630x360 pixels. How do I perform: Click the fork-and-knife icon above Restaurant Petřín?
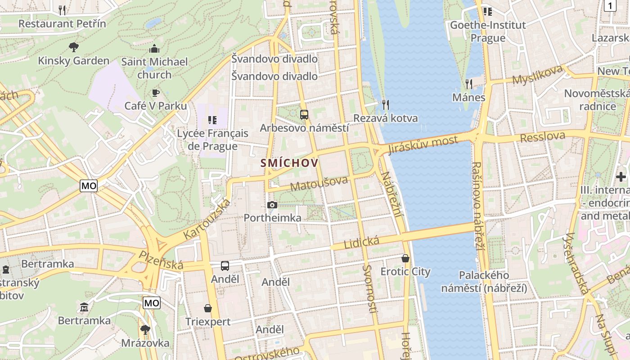(x=63, y=10)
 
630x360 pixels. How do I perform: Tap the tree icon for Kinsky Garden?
(x=73, y=47)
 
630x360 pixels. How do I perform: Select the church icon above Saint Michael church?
(x=154, y=49)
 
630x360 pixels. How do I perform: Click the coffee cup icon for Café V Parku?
(x=155, y=93)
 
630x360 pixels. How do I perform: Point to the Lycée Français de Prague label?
(x=212, y=139)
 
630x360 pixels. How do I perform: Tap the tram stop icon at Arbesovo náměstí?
(x=304, y=114)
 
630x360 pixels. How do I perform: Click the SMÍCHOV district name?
(x=289, y=163)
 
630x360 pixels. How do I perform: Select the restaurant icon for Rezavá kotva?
(x=385, y=104)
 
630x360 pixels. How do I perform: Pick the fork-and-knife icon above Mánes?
(x=468, y=84)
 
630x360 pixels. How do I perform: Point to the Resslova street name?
(x=542, y=137)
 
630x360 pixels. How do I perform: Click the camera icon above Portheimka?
(x=272, y=205)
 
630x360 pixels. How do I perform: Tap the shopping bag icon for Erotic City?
(x=405, y=258)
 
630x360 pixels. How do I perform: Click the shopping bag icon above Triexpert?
(x=208, y=308)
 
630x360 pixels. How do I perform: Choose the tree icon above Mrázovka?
(x=145, y=330)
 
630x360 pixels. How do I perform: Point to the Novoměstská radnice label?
(x=597, y=100)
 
